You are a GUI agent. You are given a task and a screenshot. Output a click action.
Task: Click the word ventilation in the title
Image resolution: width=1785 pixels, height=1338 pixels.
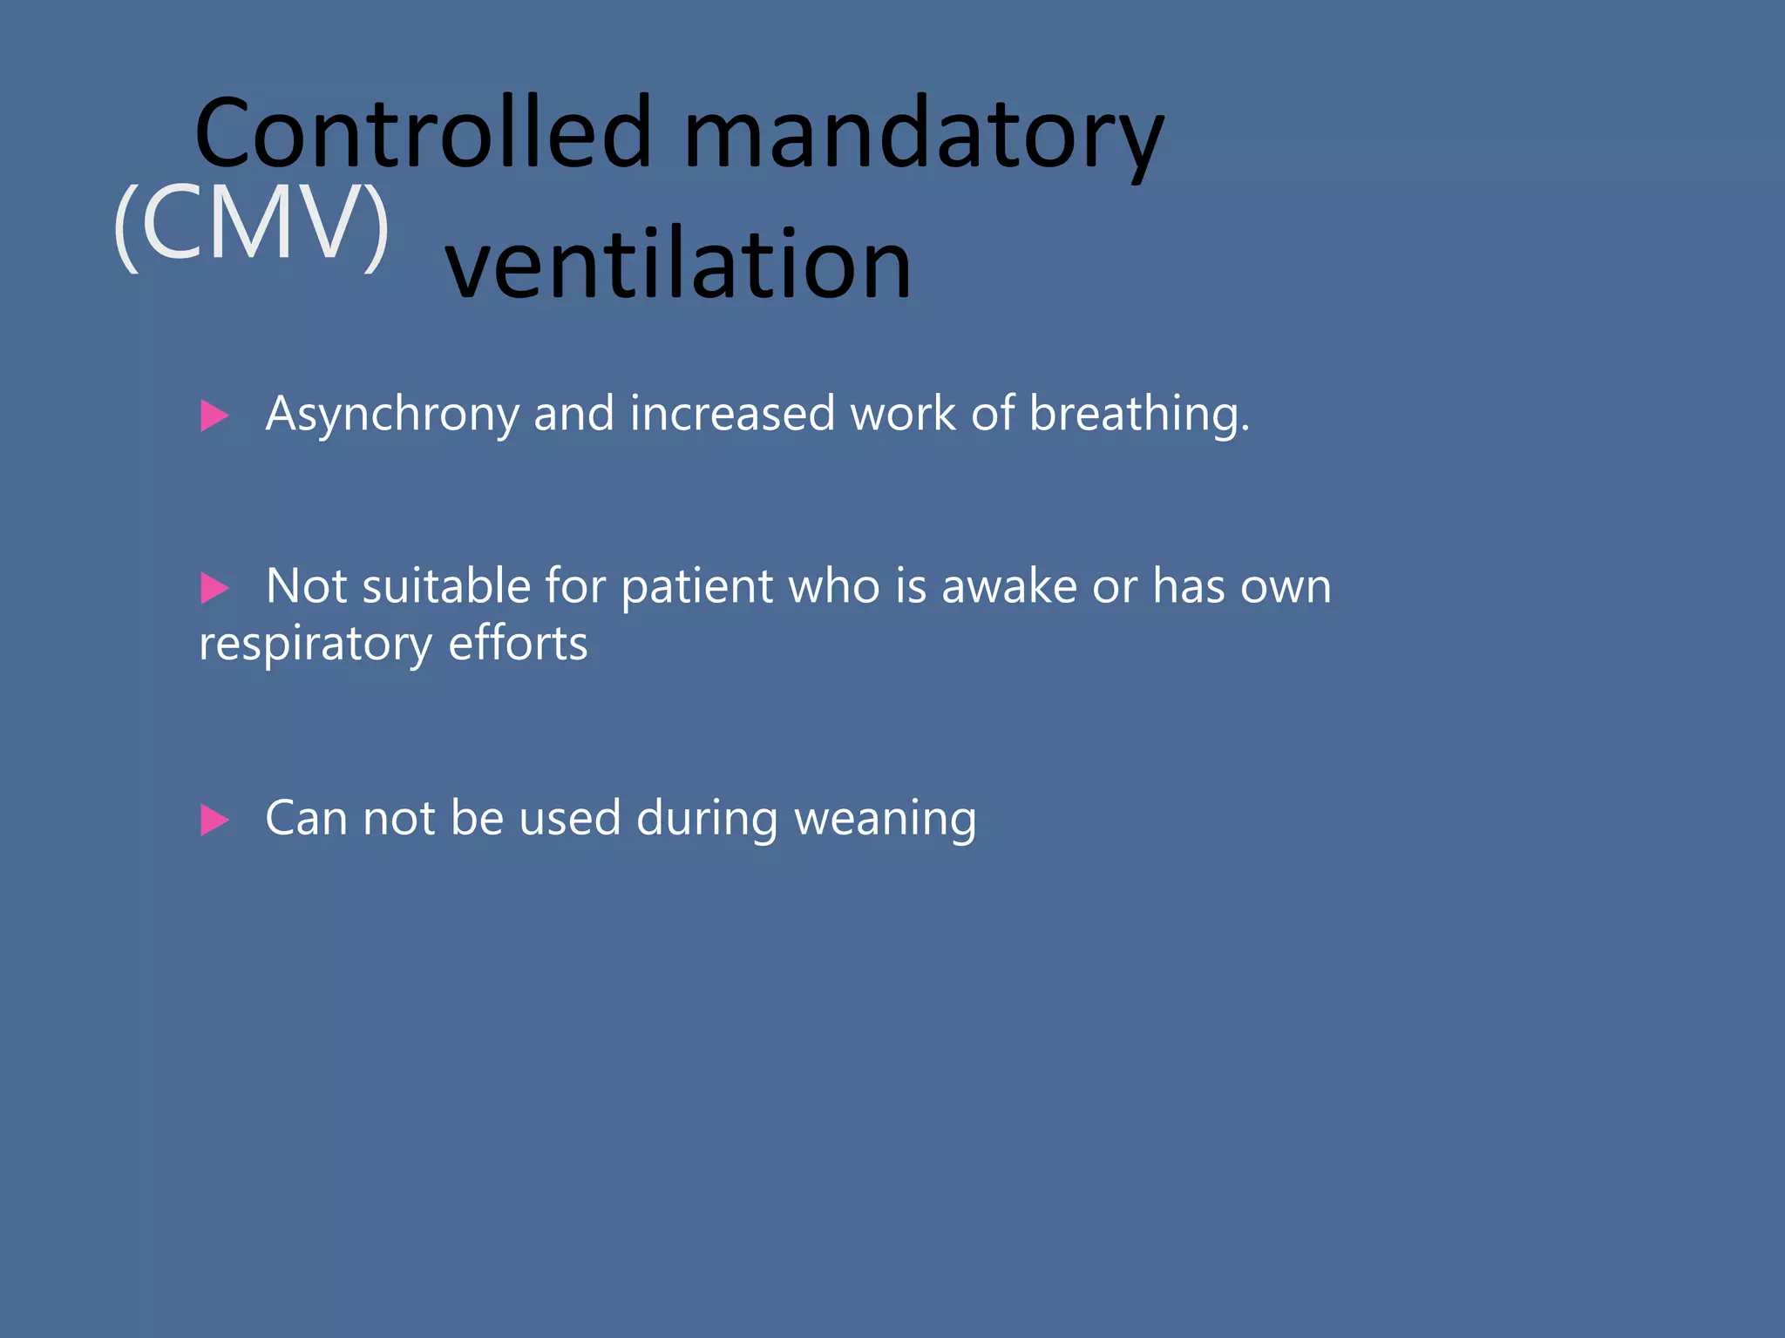pos(678,263)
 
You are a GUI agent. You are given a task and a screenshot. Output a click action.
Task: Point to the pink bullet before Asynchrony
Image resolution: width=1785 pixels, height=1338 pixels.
pos(214,416)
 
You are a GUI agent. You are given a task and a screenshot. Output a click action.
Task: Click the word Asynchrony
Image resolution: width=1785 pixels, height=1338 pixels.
pos(392,415)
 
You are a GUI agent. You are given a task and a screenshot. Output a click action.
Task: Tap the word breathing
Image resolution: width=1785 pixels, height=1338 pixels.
pos(1138,415)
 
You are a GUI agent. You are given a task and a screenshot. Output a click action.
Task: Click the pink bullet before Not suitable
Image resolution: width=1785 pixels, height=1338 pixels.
pos(214,588)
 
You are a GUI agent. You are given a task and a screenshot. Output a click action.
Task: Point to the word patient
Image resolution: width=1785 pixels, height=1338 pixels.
pos(697,587)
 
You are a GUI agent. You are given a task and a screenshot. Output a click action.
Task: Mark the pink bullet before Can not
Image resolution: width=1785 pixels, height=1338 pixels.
pos(214,820)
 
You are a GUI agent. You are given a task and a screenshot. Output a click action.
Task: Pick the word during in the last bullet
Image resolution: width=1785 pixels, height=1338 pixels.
pos(707,819)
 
